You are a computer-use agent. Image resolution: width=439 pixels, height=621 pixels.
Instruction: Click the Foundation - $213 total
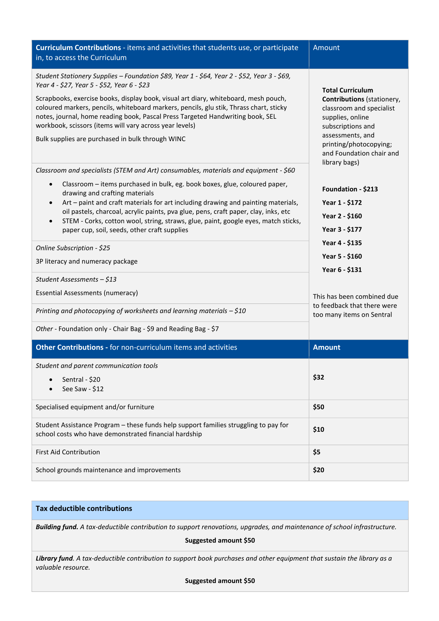[350, 189]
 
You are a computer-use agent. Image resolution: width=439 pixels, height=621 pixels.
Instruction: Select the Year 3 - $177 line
[342, 229]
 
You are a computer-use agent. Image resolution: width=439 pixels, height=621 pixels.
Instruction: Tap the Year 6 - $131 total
[342, 270]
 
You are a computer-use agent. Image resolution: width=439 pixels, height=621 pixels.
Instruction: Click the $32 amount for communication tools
[318, 377]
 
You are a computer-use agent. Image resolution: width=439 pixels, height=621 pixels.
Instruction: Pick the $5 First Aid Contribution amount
[317, 452]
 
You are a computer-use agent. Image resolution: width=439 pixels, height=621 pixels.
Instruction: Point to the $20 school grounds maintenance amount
[318, 470]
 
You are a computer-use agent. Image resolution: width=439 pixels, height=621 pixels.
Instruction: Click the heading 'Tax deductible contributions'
[84, 509]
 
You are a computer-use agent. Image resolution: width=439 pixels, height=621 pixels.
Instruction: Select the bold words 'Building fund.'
[57, 527]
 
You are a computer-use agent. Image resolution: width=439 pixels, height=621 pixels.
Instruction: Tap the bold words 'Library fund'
[54, 558]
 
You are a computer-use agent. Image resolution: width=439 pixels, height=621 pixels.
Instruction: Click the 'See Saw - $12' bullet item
[83, 389]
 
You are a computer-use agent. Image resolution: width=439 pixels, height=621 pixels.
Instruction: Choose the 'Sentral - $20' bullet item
[81, 379]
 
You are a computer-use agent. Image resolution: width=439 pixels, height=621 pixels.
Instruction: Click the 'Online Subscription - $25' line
[73, 248]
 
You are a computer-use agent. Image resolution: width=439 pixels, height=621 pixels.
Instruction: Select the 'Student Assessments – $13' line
[76, 280]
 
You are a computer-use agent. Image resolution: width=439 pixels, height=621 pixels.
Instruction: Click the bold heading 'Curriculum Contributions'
[78, 48]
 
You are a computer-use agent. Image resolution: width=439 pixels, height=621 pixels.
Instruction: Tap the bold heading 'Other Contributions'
[69, 347]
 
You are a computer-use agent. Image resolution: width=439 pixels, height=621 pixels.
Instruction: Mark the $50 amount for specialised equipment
[318, 407]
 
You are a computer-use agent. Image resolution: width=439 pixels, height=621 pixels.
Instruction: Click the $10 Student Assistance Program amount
[318, 430]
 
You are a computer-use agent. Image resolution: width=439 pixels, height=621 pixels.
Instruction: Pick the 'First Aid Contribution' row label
[68, 452]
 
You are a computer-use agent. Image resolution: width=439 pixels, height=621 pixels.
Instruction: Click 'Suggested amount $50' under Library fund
[220, 581]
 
